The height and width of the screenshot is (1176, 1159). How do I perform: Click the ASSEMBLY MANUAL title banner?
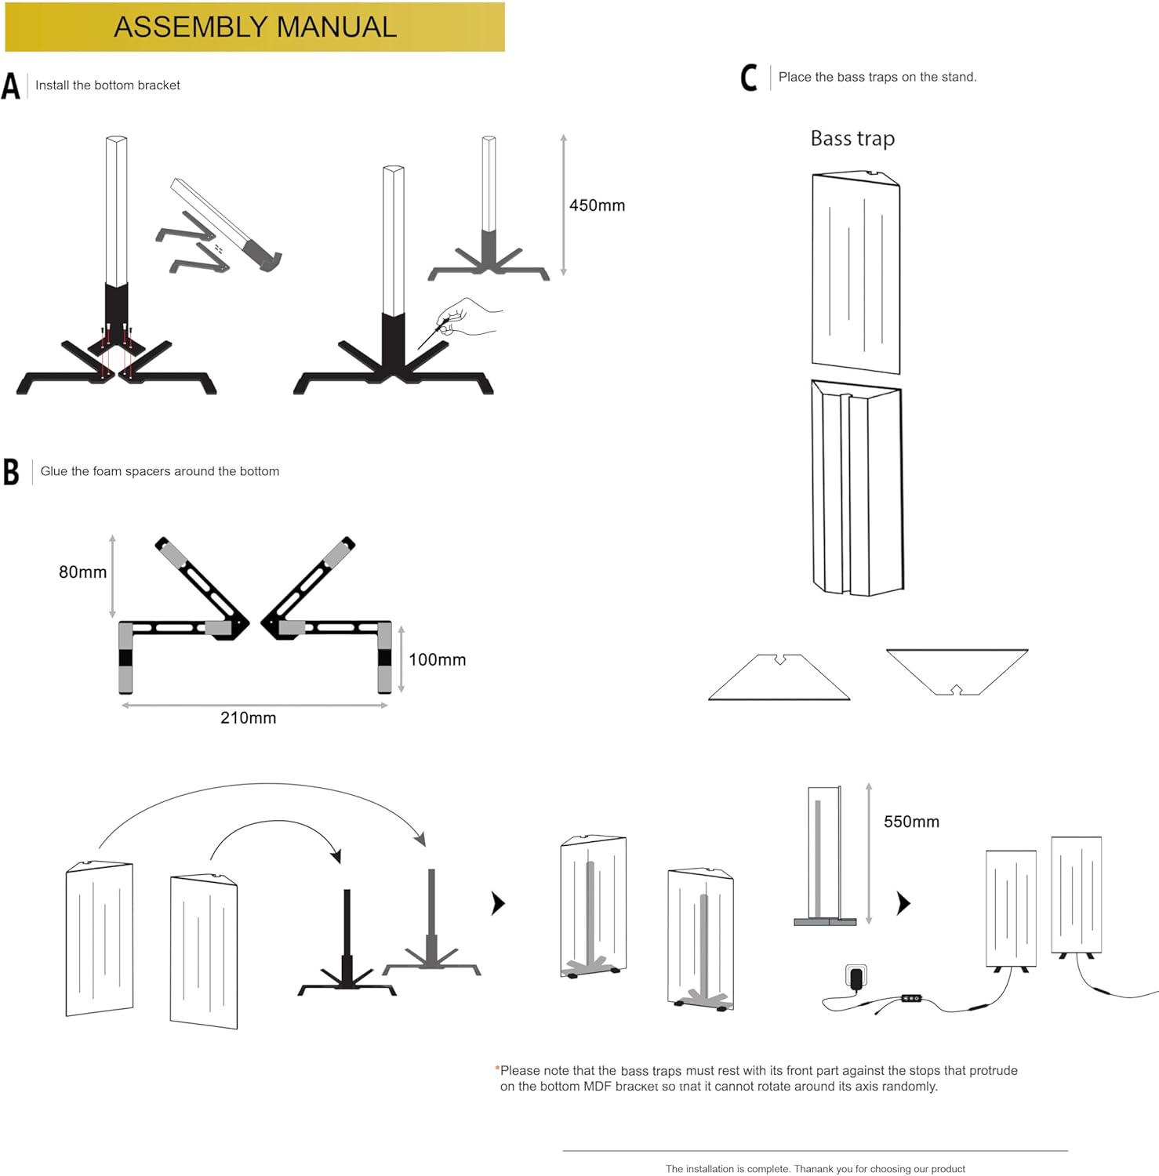coord(255,27)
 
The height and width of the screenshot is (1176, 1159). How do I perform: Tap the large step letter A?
coord(11,85)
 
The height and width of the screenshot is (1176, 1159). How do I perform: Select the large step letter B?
coord(11,471)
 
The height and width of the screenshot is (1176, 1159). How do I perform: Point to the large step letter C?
coord(749,78)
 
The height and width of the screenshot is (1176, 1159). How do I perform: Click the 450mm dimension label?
coord(597,205)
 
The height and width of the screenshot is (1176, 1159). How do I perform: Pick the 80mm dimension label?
coord(82,572)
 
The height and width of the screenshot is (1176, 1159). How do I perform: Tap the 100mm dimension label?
coord(437,660)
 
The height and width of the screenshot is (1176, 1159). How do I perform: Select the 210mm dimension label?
coord(248,718)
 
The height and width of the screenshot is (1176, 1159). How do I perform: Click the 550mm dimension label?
coord(911,822)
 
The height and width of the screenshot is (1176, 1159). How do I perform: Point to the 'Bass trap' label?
coord(852,139)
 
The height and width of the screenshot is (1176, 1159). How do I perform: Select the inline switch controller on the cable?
coord(911,998)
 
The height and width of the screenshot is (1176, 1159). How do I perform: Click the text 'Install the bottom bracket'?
coord(107,85)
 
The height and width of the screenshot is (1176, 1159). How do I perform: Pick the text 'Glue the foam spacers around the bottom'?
coord(160,471)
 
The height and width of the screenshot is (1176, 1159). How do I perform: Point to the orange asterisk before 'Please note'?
coord(497,1069)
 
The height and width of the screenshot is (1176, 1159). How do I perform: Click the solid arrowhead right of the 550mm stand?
coord(904,904)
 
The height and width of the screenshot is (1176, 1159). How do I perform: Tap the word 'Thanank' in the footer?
coord(813,1169)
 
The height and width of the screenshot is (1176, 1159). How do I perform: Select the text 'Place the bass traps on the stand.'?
coord(877,77)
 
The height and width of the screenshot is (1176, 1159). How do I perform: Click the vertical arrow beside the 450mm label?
coord(563,205)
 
